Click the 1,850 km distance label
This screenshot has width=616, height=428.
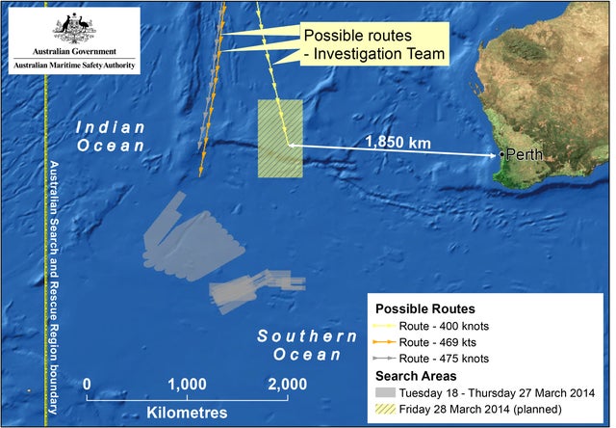pyautogui.click(x=397, y=143)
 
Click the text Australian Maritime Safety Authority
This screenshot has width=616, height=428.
pyautogui.click(x=73, y=66)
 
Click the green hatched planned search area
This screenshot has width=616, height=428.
pyautogui.click(x=280, y=139)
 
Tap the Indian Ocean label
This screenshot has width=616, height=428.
pyautogui.click(x=111, y=136)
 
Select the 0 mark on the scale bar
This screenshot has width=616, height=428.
pyautogui.click(x=88, y=385)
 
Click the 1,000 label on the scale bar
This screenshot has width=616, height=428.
pyautogui.click(x=188, y=385)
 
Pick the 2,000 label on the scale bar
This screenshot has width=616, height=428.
pyautogui.click(x=287, y=385)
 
